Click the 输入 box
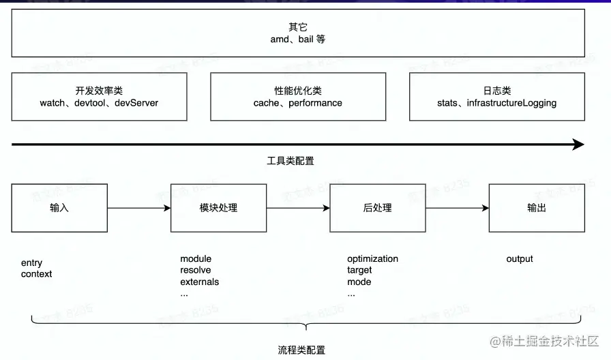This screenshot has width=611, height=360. point(59,208)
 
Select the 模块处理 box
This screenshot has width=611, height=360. point(218,208)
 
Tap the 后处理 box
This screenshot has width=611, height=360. point(377,208)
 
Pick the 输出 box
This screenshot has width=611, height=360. point(537,208)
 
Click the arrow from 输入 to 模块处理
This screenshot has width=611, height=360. point(139,208)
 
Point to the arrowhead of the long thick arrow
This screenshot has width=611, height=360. point(578,145)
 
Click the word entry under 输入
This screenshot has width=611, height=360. point(31,262)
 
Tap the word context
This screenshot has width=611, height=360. point(36,274)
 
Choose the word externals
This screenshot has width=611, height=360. point(199,282)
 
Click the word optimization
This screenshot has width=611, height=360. point(372,259)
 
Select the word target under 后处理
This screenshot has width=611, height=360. point(359,270)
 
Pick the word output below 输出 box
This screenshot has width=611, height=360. point(520,259)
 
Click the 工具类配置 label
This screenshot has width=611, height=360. point(290,162)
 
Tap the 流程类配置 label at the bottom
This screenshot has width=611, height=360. point(301,350)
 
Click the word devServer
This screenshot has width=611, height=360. point(136,103)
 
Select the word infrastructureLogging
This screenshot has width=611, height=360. point(511,103)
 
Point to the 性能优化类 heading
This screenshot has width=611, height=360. point(298,91)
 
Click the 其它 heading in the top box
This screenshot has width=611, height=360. point(298,27)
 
